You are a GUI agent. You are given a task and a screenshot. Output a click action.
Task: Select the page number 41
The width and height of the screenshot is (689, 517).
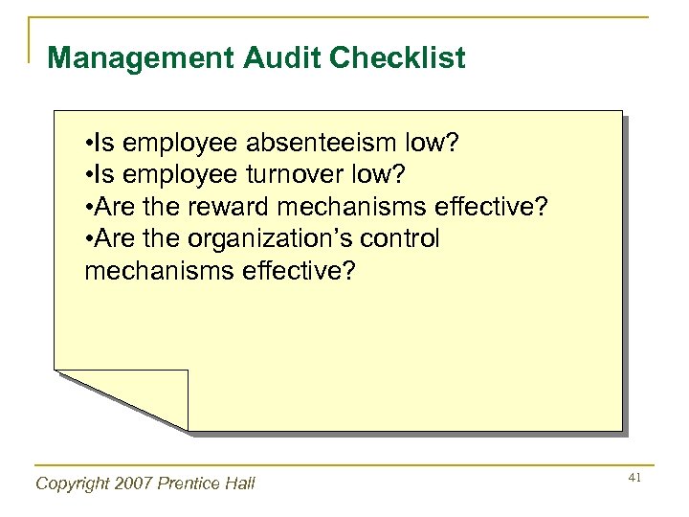click(x=633, y=477)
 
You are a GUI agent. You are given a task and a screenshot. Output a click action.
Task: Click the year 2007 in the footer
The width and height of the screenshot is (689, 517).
click(x=129, y=483)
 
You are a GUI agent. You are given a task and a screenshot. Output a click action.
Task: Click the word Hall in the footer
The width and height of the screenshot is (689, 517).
click(x=238, y=483)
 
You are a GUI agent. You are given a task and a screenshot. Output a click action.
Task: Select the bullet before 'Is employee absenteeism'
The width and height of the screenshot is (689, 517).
click(x=88, y=144)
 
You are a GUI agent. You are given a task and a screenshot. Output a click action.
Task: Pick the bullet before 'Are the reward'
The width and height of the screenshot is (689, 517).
click(x=88, y=207)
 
